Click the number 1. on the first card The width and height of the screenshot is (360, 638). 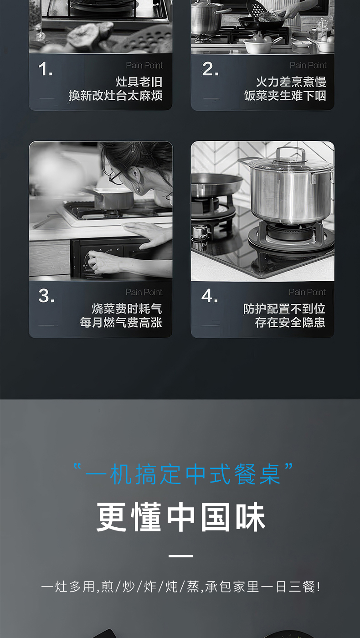pyautogui.click(x=46, y=70)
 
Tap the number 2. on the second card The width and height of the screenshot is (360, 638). pyautogui.click(x=210, y=70)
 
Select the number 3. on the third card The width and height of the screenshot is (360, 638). pyautogui.click(x=46, y=296)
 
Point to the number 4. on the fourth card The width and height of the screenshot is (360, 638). pyautogui.click(x=210, y=296)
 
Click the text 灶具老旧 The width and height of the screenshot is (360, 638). pyautogui.click(x=139, y=82)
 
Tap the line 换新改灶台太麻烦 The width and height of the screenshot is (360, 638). pyautogui.click(x=116, y=96)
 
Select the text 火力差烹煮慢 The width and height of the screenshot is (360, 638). pyautogui.click(x=291, y=82)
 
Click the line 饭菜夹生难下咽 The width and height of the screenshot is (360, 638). pyautogui.click(x=285, y=96)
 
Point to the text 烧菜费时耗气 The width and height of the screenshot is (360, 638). pyautogui.click(x=127, y=309)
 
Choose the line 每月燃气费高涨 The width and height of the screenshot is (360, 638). pyautogui.click(x=121, y=322)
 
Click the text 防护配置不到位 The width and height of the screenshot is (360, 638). pyautogui.click(x=284, y=309)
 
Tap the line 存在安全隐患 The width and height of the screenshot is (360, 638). pyautogui.click(x=290, y=322)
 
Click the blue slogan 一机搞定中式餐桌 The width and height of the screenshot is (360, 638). pyautogui.click(x=182, y=474)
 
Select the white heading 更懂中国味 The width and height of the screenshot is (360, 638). pyautogui.click(x=181, y=517)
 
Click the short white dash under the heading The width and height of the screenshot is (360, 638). pyautogui.click(x=180, y=556)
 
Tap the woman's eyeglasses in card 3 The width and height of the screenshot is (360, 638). pyautogui.click(x=115, y=177)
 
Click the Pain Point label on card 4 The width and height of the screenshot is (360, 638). pyautogui.click(x=307, y=292)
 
